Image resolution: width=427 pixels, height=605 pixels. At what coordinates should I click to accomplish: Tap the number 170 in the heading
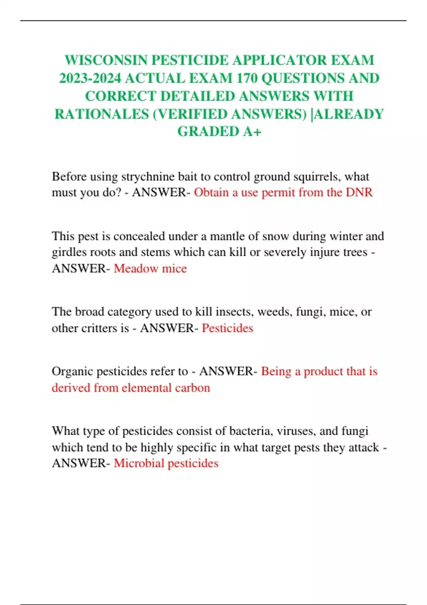(x=247, y=78)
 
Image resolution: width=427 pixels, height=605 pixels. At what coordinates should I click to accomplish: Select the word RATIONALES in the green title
(x=101, y=114)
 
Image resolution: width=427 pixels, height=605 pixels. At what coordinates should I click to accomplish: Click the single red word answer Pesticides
(x=227, y=328)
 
